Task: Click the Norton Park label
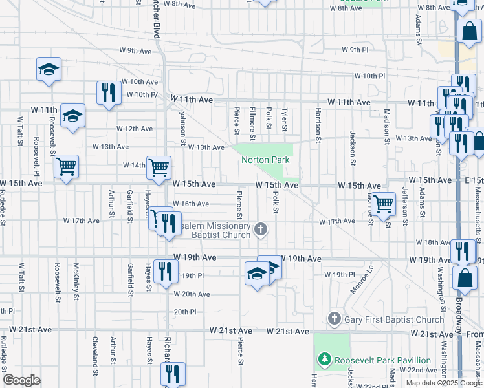point(265,160)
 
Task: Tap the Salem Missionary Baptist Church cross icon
point(261,228)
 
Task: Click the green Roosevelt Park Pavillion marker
point(324,360)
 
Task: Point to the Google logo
point(21,380)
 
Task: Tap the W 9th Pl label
point(354,49)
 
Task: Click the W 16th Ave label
point(190,204)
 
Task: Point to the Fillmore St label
point(252,123)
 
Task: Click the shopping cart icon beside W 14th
point(159,167)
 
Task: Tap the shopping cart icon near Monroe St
point(384,204)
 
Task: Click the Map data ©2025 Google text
point(444,383)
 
